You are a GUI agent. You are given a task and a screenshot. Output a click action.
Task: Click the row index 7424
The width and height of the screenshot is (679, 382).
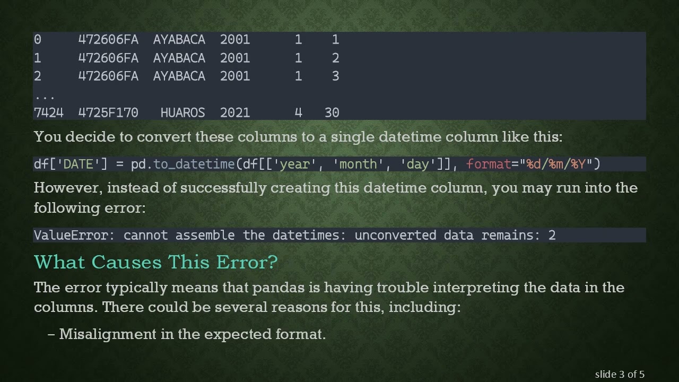(48, 112)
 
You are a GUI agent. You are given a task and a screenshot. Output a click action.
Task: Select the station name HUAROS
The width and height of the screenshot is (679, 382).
(182, 112)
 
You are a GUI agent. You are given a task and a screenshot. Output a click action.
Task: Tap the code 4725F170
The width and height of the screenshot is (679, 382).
(108, 112)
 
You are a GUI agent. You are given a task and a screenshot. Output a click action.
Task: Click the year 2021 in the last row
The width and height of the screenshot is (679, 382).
(234, 112)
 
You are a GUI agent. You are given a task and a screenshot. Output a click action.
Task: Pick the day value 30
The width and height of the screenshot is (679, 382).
(332, 112)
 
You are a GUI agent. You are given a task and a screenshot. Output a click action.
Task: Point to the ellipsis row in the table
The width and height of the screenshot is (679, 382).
(45, 97)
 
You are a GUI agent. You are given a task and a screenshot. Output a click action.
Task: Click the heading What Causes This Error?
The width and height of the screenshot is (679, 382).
(155, 262)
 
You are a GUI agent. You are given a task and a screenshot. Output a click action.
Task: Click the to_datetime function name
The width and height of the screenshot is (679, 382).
(194, 164)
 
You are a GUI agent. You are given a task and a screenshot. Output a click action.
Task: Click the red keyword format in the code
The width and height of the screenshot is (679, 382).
(488, 164)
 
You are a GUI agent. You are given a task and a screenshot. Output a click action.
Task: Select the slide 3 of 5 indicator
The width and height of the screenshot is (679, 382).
(620, 374)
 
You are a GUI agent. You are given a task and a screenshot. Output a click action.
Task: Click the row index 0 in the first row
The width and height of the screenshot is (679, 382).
(37, 39)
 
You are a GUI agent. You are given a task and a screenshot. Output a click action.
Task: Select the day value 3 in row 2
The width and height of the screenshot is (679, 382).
(335, 76)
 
